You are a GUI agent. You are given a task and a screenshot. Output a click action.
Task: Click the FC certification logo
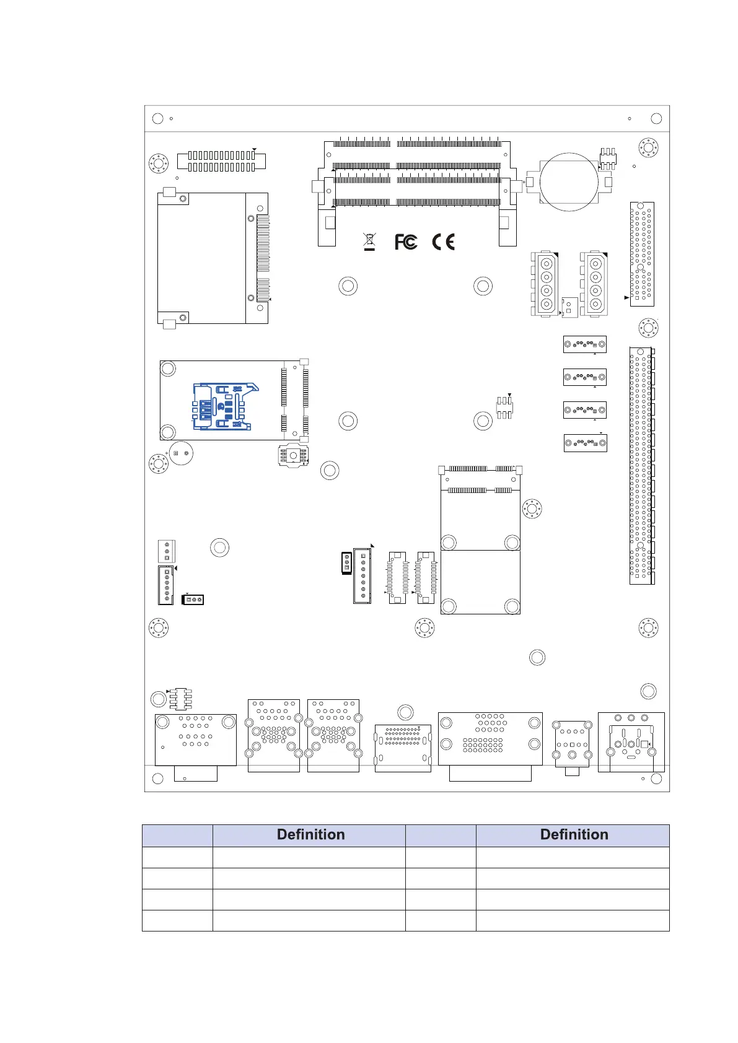click(406, 242)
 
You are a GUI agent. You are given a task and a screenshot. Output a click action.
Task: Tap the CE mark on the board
click(443, 242)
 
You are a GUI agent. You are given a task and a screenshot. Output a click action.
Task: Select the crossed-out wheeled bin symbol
click(369, 242)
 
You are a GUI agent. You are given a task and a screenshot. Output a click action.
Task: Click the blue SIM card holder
click(224, 406)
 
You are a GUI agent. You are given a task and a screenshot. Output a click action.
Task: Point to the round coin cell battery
click(568, 182)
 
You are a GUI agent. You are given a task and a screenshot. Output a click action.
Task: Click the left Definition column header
click(311, 834)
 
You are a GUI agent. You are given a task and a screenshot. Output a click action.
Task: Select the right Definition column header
click(574, 834)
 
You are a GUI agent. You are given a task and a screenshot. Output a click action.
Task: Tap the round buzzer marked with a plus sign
click(181, 453)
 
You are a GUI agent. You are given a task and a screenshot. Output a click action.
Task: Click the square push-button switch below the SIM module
click(293, 455)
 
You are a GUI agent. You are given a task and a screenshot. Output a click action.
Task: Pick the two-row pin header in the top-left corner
click(221, 161)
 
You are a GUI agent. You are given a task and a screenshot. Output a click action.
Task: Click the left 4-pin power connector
click(545, 284)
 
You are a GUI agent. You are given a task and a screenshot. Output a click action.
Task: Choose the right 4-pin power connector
click(594, 284)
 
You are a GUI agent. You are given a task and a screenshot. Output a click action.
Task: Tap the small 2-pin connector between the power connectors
click(569, 307)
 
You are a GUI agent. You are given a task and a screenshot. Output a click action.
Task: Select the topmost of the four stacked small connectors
click(585, 344)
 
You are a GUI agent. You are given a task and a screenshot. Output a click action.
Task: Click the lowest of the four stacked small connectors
click(585, 443)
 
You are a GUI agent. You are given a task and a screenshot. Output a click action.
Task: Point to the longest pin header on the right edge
click(641, 466)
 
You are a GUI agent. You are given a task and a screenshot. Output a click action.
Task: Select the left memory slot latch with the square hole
click(327, 227)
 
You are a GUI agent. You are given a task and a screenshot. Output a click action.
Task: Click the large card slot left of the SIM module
click(213, 258)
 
